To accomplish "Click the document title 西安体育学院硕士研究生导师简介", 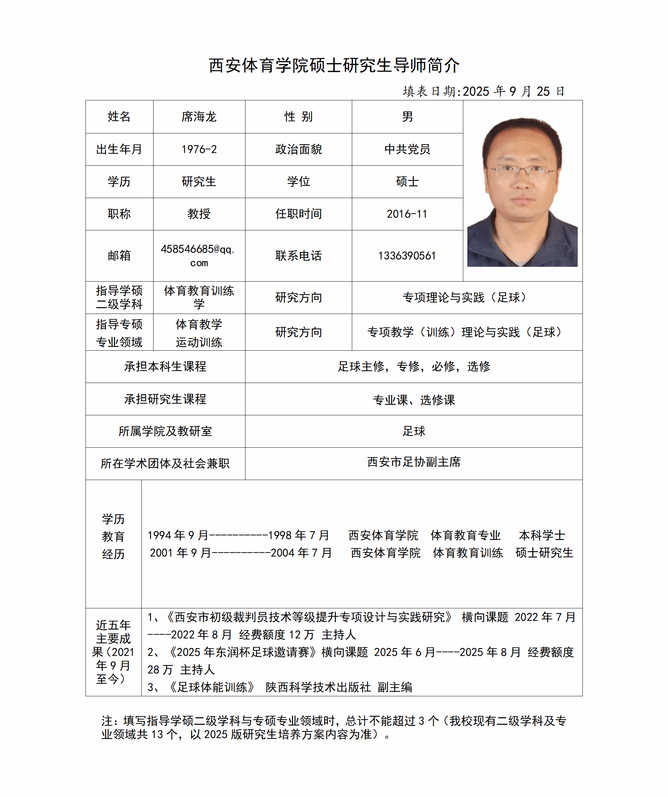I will [x=334, y=65].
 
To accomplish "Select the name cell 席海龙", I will [x=199, y=117].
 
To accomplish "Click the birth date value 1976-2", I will [x=199, y=149].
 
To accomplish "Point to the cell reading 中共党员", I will [x=407, y=149].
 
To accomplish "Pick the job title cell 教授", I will [x=199, y=214].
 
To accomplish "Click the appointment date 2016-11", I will [x=407, y=214].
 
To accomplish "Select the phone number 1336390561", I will [x=407, y=256].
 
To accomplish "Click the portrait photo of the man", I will [x=522, y=192].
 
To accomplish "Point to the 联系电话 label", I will [x=298, y=256].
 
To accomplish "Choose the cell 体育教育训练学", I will [x=199, y=297].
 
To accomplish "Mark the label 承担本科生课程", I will [x=165, y=366].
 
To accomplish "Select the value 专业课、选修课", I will [x=413, y=400].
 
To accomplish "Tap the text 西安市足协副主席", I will [x=413, y=462].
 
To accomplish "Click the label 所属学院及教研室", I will [x=165, y=431].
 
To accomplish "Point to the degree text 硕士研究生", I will [x=544, y=552].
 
